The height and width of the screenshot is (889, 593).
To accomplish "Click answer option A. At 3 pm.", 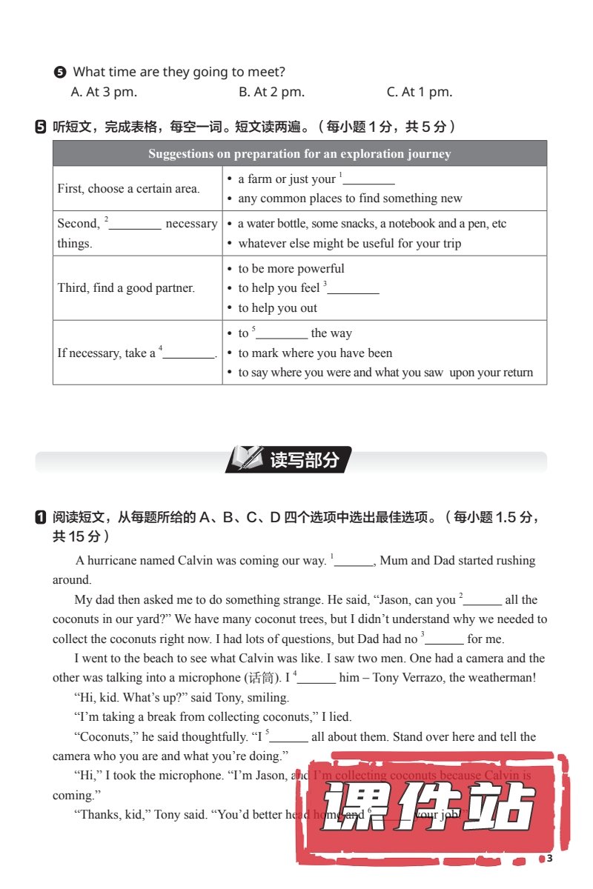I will point(104,93).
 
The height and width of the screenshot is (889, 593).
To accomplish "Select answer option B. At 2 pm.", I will point(271,93).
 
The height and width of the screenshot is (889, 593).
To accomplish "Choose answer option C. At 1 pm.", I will point(419,93).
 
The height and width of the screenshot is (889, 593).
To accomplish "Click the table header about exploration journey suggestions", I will point(299,154).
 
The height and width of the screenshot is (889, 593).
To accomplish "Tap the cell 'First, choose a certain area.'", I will point(128,189).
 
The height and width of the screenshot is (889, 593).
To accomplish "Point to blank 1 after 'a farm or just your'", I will point(368,180).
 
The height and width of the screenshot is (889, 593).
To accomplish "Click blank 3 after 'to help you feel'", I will point(353,289).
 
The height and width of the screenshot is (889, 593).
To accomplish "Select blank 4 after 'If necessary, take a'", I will point(188,354).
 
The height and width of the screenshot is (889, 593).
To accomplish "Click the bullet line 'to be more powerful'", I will point(291,269).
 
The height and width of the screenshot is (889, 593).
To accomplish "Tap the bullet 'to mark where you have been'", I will point(315,353).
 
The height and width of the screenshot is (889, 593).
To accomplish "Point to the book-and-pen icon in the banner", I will point(246,459).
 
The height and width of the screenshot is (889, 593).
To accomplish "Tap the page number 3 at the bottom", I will point(549,859).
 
